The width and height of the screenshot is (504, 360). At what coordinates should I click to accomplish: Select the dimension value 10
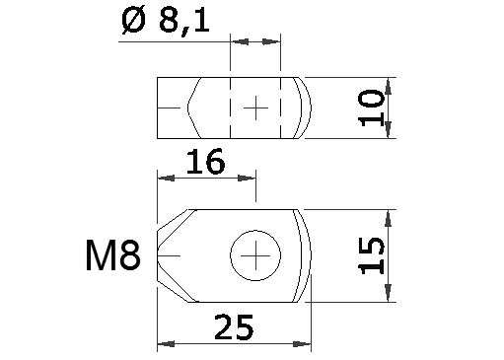[371, 108]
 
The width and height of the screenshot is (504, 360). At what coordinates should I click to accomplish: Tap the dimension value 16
[204, 161]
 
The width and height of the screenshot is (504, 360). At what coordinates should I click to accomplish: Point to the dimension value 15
[370, 255]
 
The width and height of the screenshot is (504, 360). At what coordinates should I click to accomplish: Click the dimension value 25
[233, 326]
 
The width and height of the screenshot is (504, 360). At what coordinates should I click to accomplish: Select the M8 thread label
[111, 257]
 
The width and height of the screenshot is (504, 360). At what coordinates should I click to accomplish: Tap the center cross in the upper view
[256, 107]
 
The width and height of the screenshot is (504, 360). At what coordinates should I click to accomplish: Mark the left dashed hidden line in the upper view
[231, 108]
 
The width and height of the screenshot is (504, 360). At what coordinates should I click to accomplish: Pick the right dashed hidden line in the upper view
[282, 108]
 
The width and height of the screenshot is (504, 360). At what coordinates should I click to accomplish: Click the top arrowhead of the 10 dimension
[389, 84]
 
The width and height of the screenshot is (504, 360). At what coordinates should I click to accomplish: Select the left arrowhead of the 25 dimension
[165, 344]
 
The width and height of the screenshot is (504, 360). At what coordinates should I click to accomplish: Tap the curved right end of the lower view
[310, 256]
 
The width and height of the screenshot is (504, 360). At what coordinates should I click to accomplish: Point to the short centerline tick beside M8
[169, 256]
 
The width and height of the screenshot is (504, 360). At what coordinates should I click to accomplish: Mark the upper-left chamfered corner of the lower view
[174, 220]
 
